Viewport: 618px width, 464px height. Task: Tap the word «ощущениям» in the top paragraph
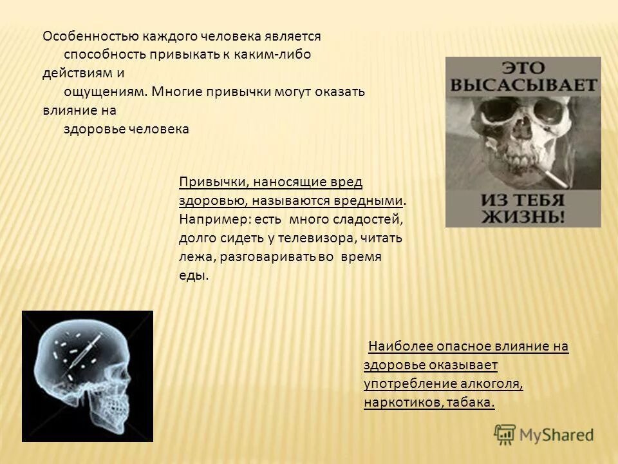(x=105, y=92)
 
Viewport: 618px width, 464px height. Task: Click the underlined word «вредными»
(x=374, y=200)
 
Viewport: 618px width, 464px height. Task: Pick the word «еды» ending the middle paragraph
(x=193, y=275)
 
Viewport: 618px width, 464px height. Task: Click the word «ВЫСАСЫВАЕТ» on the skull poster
(x=523, y=84)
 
